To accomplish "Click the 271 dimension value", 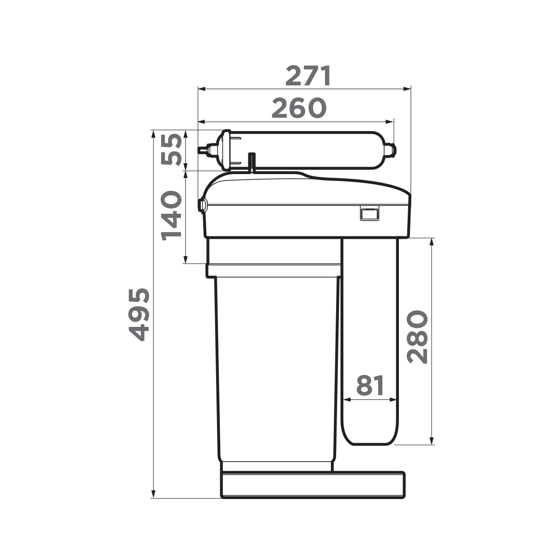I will [x=308, y=76].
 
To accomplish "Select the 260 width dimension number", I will [x=299, y=108].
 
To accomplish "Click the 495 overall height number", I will [x=139, y=314].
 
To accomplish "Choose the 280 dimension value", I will [x=417, y=337].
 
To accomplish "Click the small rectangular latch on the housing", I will [x=369, y=213].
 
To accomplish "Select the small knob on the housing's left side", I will [x=202, y=205].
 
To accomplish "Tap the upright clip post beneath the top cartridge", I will [x=252, y=162].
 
